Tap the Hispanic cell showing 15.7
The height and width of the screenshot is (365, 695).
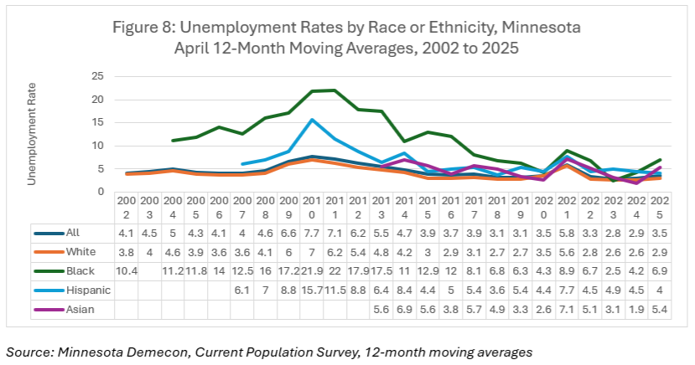pyautogui.click(x=312, y=290)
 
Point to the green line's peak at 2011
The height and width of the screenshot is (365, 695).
pyautogui.click(x=335, y=90)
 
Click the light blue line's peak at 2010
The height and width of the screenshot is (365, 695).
pyautogui.click(x=312, y=119)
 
